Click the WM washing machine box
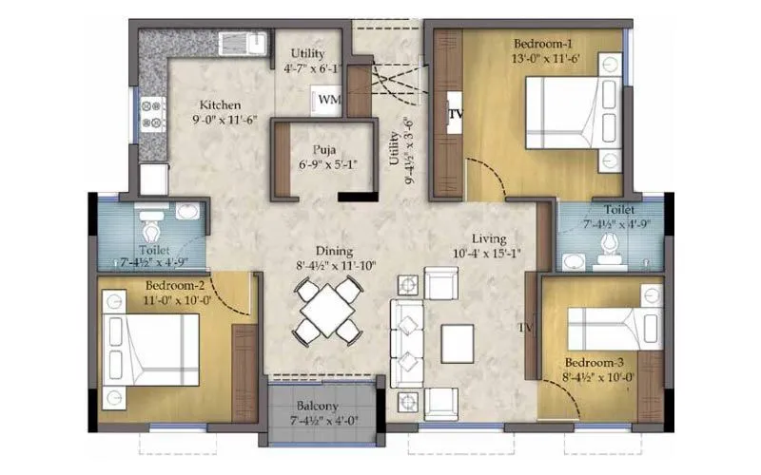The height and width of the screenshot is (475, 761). [x=326, y=99]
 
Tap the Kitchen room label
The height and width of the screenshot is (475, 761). [x=220, y=104]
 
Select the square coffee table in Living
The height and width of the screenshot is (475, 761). [x=457, y=343]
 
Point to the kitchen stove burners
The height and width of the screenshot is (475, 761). [x=152, y=114]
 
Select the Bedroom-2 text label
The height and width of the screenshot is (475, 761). [x=176, y=285]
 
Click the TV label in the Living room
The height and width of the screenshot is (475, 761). [x=525, y=328]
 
